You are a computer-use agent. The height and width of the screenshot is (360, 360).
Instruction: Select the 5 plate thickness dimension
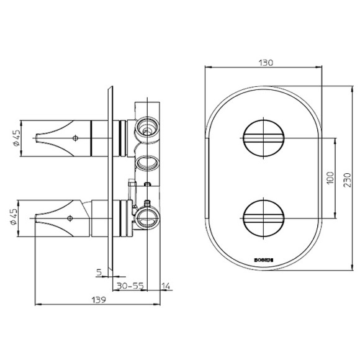pyautogui.click(x=99, y=271)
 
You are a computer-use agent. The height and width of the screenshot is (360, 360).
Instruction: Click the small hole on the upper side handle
pyautogui.click(x=75, y=137)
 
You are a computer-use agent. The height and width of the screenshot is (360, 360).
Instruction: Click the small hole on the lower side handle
pyautogui.click(x=70, y=217)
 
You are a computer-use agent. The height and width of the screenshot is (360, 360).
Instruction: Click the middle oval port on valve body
pyautogui.click(x=148, y=163)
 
